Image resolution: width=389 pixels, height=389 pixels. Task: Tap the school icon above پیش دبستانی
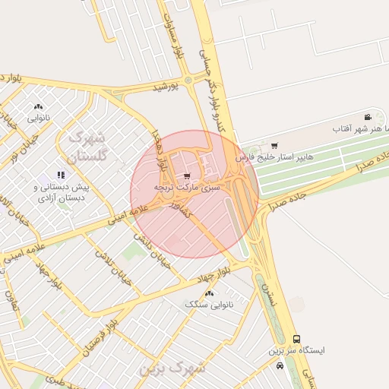click(62, 175)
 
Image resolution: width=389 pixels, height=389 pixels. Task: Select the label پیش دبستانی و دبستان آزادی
click(62, 191)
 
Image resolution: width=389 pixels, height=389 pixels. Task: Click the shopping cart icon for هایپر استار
click(274, 145)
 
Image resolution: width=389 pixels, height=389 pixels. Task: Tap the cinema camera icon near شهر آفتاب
click(368, 117)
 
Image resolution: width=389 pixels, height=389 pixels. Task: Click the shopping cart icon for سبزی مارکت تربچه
click(188, 176)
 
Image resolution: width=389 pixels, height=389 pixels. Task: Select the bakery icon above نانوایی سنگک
click(210, 293)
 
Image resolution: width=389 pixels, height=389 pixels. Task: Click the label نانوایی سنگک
click(210, 304)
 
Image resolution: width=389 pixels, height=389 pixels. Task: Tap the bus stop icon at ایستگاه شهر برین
click(296, 340)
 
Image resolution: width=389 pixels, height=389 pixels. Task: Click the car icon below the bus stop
click(280, 365)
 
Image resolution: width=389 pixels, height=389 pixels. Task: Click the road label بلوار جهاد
click(206, 277)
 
